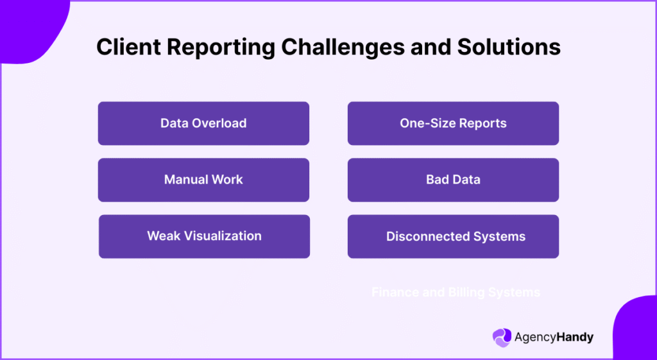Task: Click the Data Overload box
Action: click(203, 123)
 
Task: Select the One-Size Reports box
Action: click(453, 123)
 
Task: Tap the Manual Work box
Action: click(203, 180)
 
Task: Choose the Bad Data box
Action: click(453, 180)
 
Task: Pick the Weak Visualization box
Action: click(204, 236)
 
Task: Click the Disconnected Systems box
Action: click(453, 236)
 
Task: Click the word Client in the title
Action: click(126, 47)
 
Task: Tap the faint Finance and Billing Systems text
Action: click(456, 293)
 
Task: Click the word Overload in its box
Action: click(220, 123)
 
